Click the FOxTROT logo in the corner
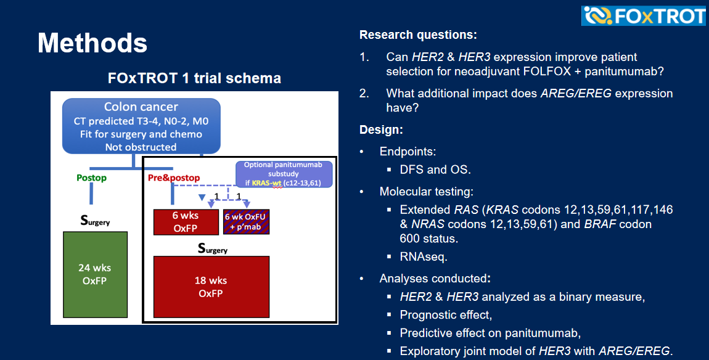click(x=644, y=16)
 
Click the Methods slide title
click(x=92, y=43)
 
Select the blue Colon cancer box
click(x=141, y=126)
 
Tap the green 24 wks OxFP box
click(x=95, y=274)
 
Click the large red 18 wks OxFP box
click(x=211, y=287)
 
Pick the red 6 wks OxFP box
click(x=186, y=222)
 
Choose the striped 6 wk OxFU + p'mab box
click(x=247, y=222)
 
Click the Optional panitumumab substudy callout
click(x=284, y=174)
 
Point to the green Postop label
click(x=91, y=178)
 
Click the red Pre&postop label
click(x=174, y=178)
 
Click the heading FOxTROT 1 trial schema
click(x=194, y=78)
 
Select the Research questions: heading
click(x=418, y=35)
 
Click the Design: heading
click(x=381, y=130)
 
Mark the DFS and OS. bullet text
click(x=435, y=170)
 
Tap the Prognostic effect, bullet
click(x=446, y=315)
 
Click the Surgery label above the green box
click(x=95, y=220)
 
